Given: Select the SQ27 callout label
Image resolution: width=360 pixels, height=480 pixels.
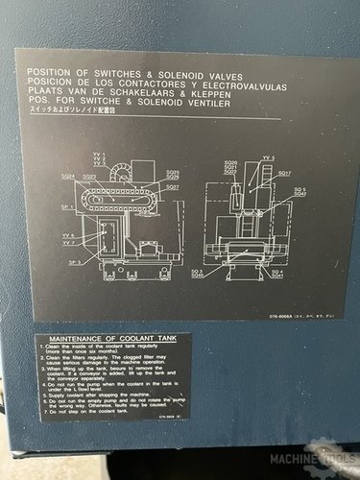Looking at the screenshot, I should click(172, 187).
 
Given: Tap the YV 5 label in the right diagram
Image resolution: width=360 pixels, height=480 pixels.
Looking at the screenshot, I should click(267, 157).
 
